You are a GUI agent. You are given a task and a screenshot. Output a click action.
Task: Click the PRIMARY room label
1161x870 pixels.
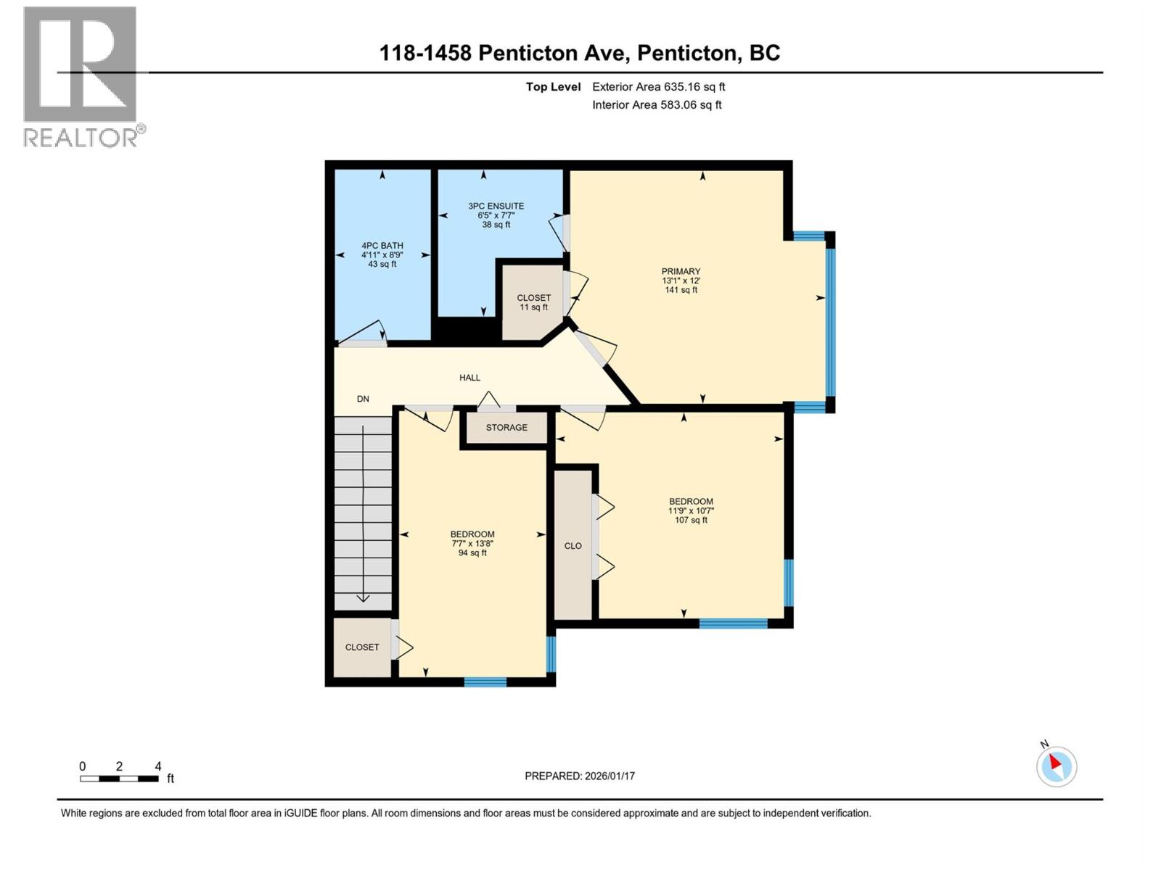[x=681, y=272]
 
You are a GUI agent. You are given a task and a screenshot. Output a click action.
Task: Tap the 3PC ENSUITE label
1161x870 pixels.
[x=496, y=206]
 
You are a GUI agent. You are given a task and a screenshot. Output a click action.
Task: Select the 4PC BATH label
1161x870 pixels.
[x=382, y=246]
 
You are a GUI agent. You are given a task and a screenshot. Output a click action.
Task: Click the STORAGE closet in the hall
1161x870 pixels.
[x=506, y=428]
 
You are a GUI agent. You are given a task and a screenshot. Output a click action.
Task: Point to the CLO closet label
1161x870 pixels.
[x=573, y=546]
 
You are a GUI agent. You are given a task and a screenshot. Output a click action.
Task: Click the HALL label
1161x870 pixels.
[x=469, y=378]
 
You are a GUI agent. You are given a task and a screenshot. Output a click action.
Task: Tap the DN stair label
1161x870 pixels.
[x=363, y=399]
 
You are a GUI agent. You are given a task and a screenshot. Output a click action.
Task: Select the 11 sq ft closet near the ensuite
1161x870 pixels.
[x=533, y=302]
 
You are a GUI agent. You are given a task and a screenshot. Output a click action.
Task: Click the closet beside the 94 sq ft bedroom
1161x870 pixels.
[x=362, y=647]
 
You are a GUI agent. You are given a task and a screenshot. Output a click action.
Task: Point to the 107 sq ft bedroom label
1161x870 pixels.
[x=691, y=510]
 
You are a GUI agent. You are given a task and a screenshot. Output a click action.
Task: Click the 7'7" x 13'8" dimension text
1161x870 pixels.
[x=472, y=544]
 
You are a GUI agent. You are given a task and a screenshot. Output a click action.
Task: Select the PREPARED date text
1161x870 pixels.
[x=580, y=776]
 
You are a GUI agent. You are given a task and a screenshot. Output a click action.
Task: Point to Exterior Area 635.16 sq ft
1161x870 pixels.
[x=658, y=87]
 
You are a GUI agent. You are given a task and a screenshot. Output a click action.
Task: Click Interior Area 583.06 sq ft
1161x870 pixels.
[x=657, y=105]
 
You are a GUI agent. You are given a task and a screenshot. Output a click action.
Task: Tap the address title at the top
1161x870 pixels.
[x=580, y=53]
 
